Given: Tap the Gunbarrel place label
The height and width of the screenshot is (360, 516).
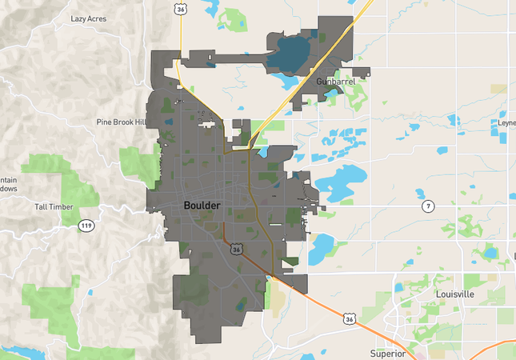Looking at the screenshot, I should tap(333, 82).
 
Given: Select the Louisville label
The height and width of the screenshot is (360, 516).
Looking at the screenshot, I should tap(454, 294).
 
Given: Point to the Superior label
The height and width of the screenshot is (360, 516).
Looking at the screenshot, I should tap(388, 353).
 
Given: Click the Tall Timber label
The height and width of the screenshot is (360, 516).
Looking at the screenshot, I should tap(54, 207).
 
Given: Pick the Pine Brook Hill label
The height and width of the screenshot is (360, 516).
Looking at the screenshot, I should tap(122, 122).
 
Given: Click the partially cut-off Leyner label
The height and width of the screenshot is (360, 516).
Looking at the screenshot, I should tap(507, 123).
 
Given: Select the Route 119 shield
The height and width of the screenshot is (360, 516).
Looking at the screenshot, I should tap(86, 226).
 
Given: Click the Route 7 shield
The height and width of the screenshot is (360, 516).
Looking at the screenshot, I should tap(429, 206).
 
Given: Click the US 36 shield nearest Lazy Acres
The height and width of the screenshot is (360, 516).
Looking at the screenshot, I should tap(182, 8).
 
